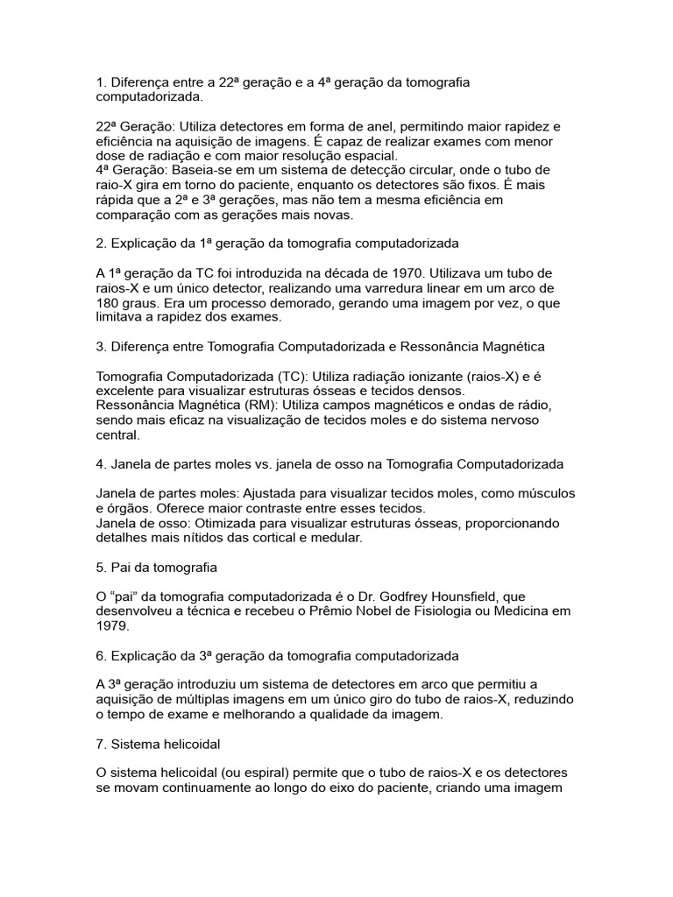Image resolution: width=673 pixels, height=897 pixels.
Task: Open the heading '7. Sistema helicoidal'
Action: pos(159,744)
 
